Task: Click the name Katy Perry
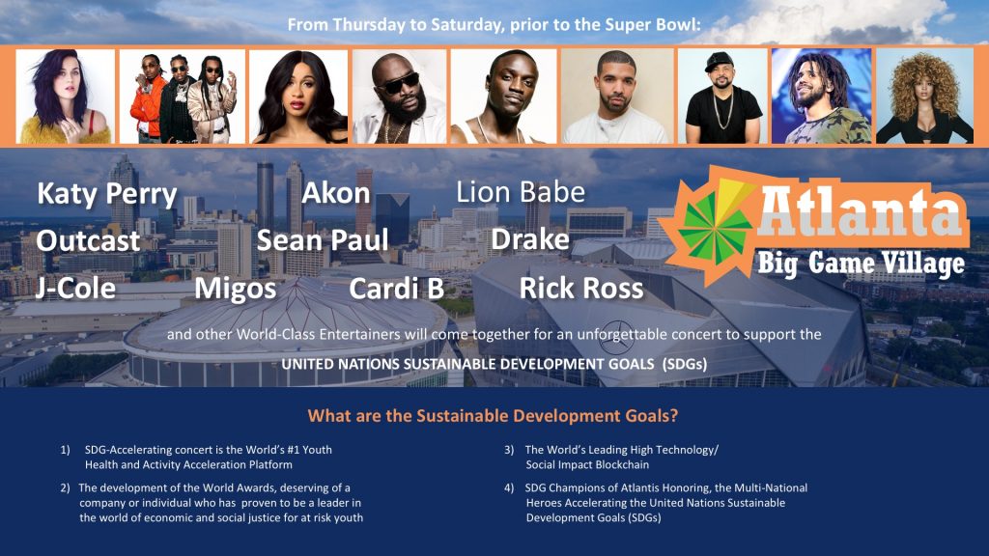[x=107, y=195]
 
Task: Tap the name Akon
[x=336, y=193]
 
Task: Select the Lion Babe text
[x=521, y=192]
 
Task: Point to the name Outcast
[x=88, y=240]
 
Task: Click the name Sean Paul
[x=323, y=240]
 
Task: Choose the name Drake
[x=530, y=239]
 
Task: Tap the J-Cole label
[x=76, y=288]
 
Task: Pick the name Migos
[x=235, y=288]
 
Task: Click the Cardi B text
[x=396, y=288]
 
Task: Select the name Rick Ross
[x=580, y=288]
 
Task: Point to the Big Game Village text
[x=861, y=264]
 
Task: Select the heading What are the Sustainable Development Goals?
[x=494, y=417]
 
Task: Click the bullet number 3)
[x=509, y=450]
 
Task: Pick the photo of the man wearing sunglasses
[x=399, y=97]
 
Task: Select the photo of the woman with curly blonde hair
[x=923, y=97]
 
